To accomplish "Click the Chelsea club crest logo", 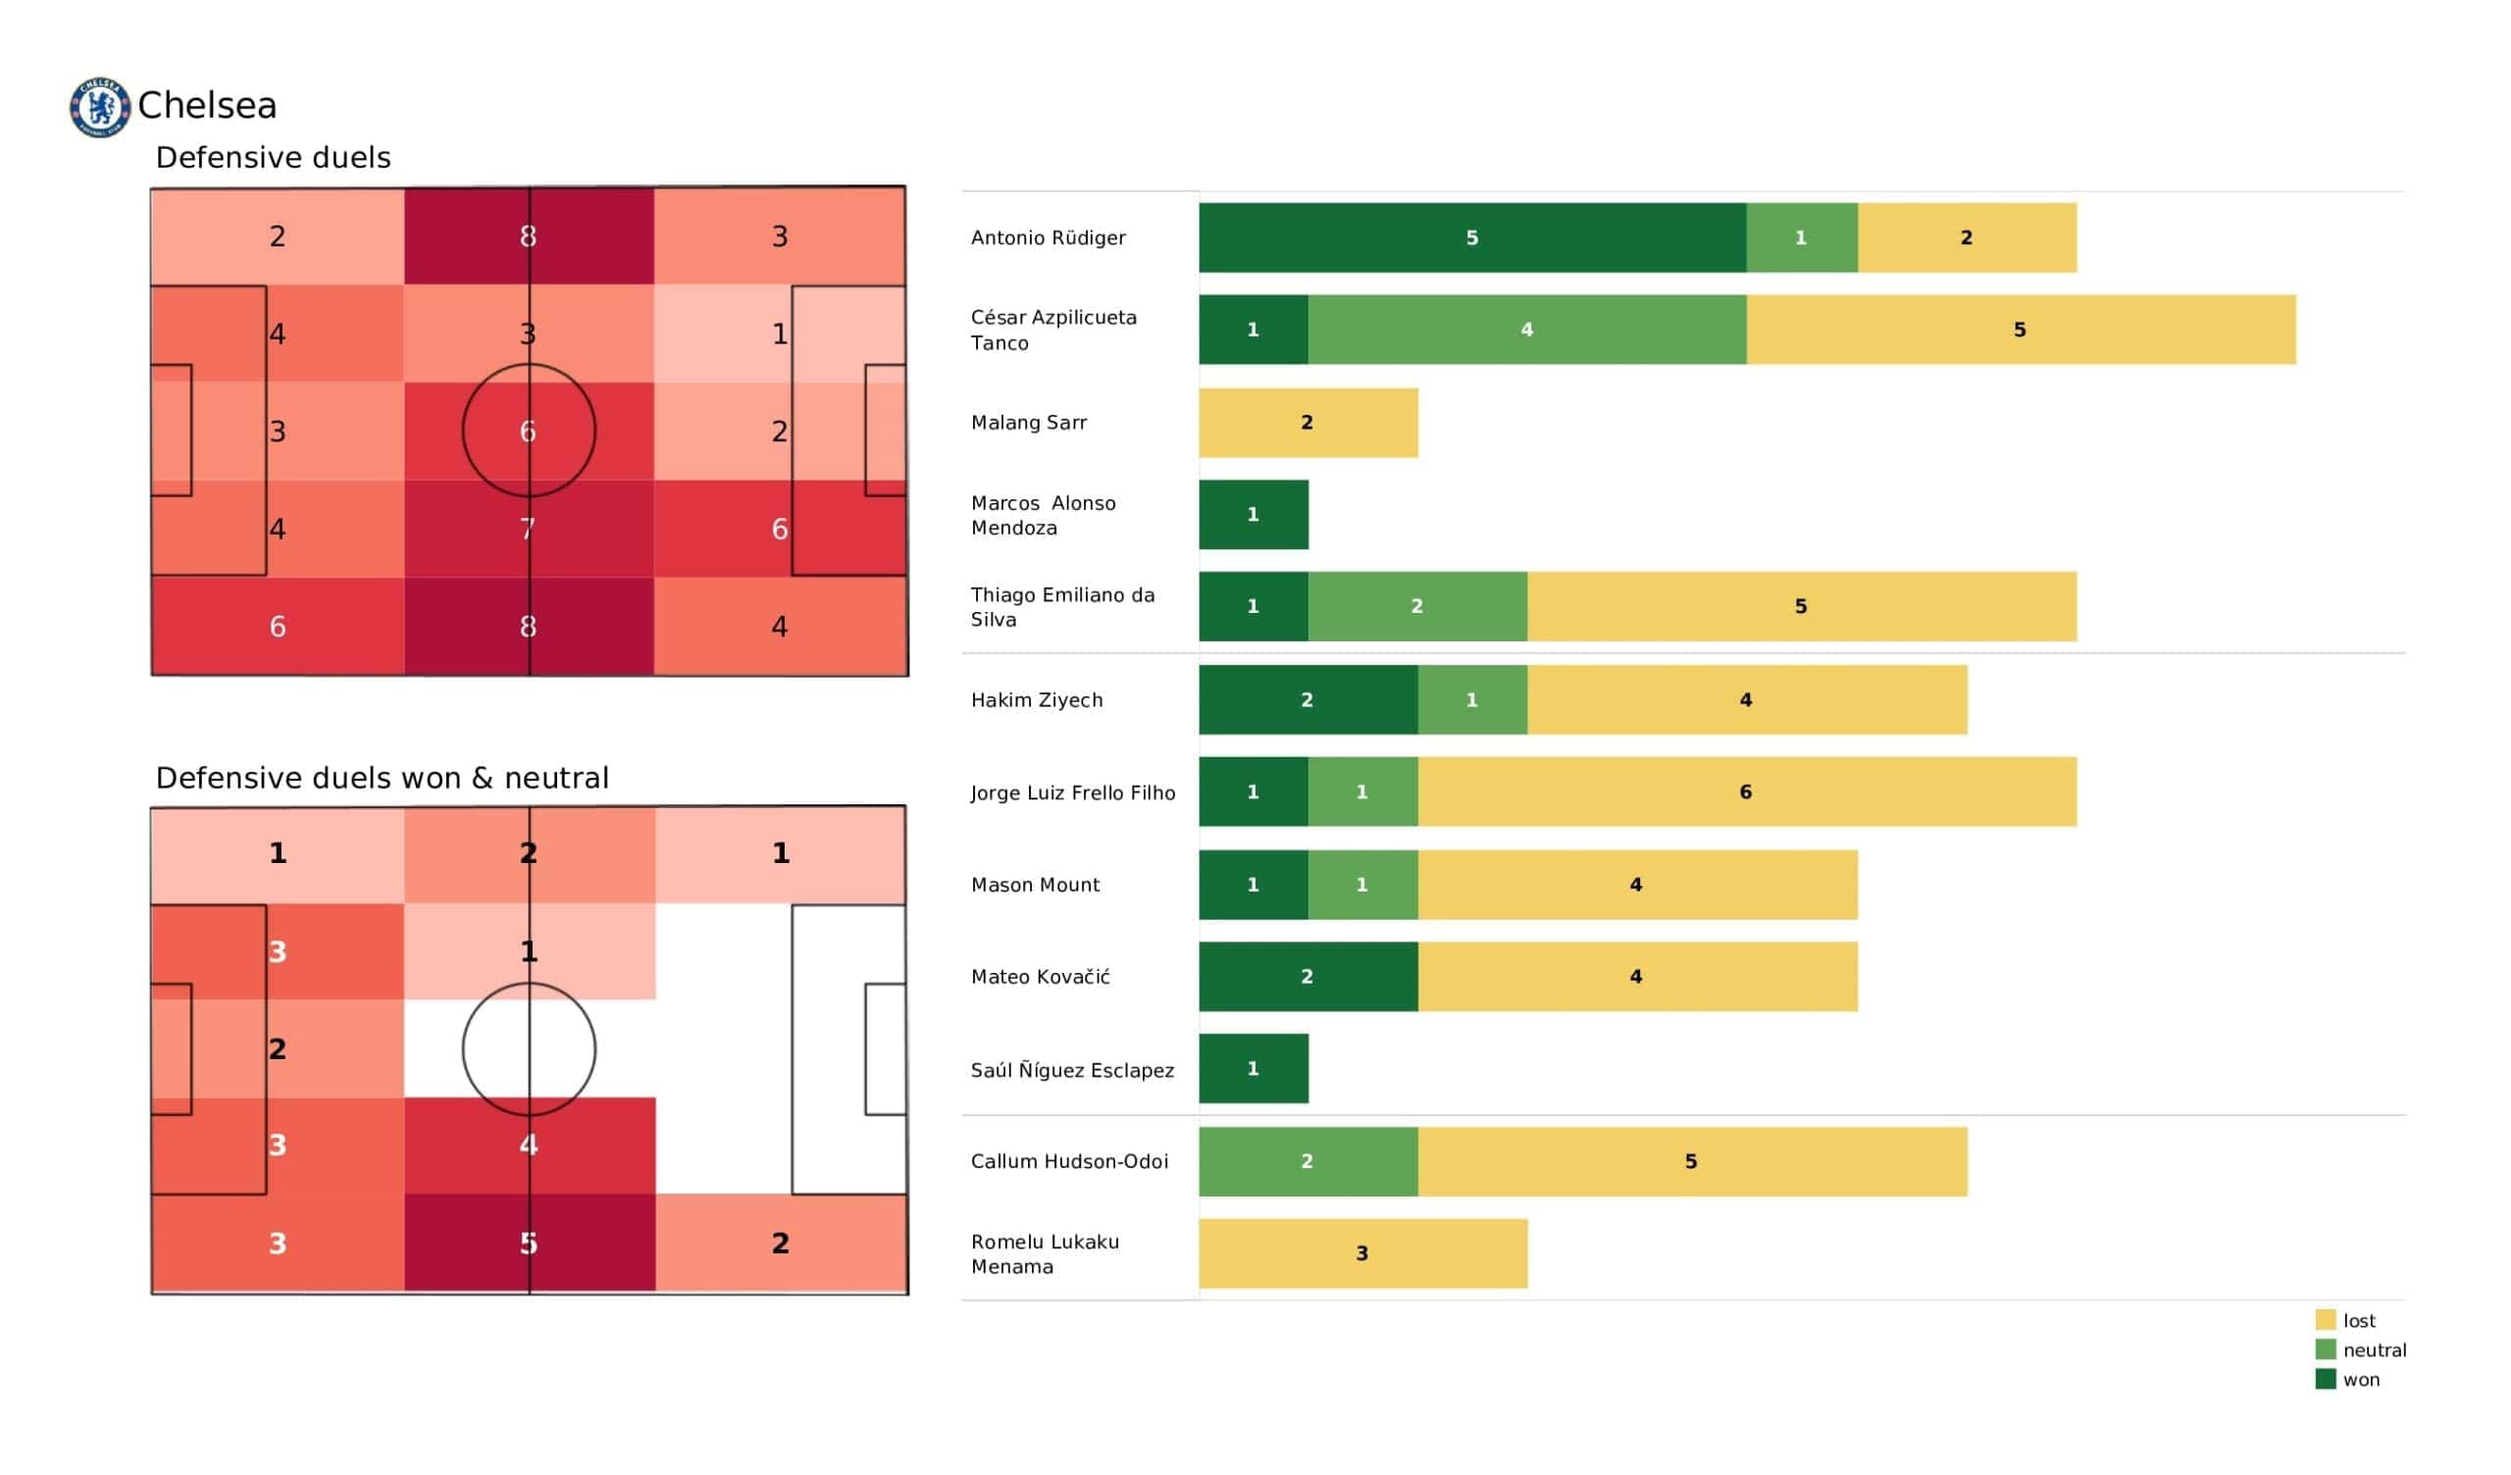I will [x=100, y=107].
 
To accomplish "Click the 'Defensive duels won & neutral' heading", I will [x=382, y=778].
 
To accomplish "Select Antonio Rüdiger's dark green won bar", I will [x=1471, y=237].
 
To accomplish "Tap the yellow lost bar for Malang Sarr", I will [x=1307, y=423].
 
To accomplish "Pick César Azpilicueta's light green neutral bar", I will [x=1526, y=329].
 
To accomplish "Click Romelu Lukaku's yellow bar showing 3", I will [x=1362, y=1252].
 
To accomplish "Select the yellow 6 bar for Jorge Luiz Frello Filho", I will [x=1746, y=791].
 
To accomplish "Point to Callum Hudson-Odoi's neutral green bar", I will [x=1307, y=1161].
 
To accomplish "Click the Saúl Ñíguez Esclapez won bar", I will [x=1253, y=1068].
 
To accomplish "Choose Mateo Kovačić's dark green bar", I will [x=1307, y=977].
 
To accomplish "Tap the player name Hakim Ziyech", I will [x=1037, y=699].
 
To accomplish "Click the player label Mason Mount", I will [x=1035, y=884].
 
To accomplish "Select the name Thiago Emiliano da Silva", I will [x=1062, y=606].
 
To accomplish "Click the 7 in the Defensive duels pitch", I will [x=528, y=529].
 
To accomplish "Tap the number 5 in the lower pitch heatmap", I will [x=529, y=1243].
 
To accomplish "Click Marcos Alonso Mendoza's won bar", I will [x=1253, y=514].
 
